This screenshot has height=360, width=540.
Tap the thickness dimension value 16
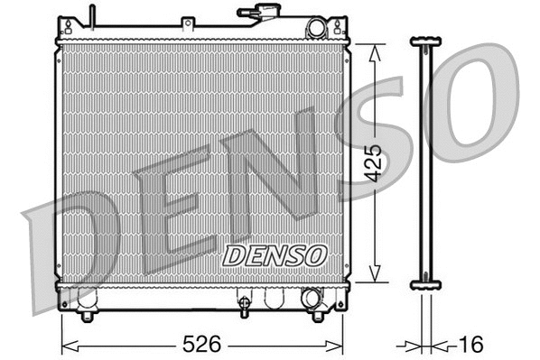pyautogui.click(x=470, y=345)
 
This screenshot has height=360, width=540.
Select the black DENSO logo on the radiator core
pyautogui.click(x=274, y=255)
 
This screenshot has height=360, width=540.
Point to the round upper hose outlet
pyautogui.click(x=315, y=29)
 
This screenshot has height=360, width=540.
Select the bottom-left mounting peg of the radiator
pyautogui.click(x=87, y=316)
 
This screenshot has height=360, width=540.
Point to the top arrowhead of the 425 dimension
pyautogui.click(x=377, y=49)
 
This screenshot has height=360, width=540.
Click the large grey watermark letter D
pyautogui.click(x=77, y=244)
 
